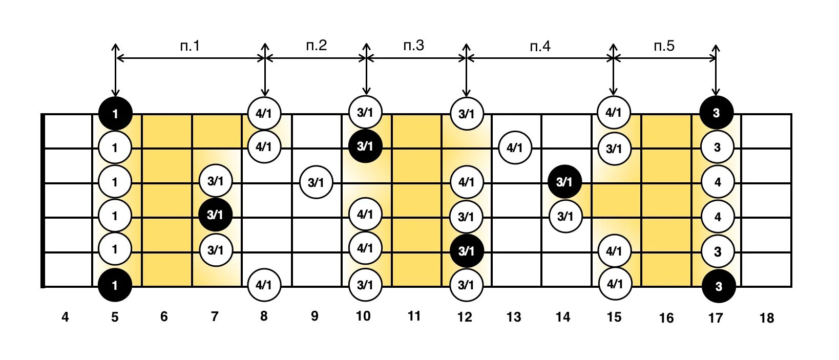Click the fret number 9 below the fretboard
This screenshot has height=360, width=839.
click(314, 317)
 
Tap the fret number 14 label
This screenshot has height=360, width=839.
click(563, 317)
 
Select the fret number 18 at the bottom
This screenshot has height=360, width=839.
click(766, 319)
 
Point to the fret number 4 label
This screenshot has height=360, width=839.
click(65, 317)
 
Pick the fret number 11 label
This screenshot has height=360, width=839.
click(414, 316)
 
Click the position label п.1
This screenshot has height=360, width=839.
click(190, 46)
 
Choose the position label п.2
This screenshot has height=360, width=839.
click(317, 46)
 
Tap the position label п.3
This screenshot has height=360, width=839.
click(414, 46)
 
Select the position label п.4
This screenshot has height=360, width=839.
click(540, 47)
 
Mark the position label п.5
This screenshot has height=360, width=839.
click(664, 46)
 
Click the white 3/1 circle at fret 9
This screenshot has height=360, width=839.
click(316, 182)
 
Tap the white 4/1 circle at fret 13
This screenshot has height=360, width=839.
click(515, 148)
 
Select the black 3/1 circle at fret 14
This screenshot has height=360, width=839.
click(564, 182)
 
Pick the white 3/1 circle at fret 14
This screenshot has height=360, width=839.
click(565, 216)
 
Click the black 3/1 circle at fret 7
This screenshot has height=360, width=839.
click(215, 215)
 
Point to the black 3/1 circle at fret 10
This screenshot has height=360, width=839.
click(365, 146)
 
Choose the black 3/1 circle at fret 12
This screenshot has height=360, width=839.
click(466, 251)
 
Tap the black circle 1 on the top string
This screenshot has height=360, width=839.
click(115, 113)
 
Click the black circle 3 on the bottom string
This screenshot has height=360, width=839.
click(718, 286)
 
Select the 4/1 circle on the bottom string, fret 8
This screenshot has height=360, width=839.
click(264, 285)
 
